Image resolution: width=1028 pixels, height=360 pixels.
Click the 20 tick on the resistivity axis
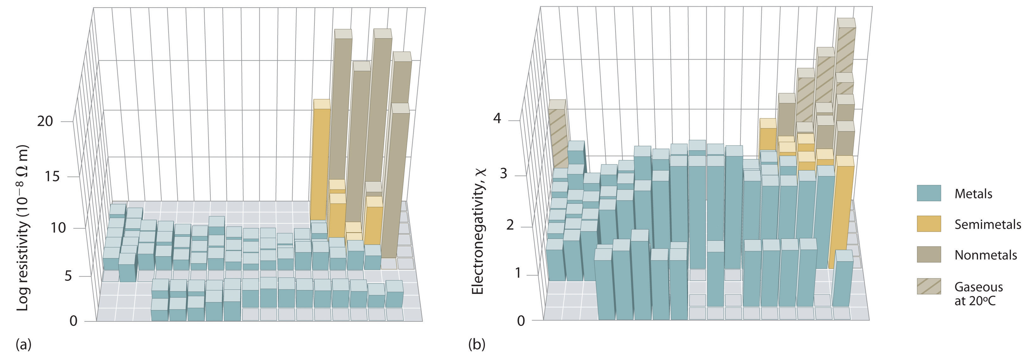click(45, 121)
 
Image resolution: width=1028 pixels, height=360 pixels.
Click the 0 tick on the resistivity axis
click(73, 320)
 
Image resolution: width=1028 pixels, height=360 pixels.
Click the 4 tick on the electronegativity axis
click(497, 119)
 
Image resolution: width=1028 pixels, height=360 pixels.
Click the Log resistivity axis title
click(23, 227)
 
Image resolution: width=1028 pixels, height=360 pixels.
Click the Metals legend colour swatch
click(929, 193)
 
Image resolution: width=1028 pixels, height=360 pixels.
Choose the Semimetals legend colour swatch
click(929, 224)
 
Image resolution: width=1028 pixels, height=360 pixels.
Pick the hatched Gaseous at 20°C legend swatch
click(929, 286)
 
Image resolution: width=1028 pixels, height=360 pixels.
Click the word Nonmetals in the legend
click(985, 255)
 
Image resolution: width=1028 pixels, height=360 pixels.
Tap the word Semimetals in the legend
click(987, 224)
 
